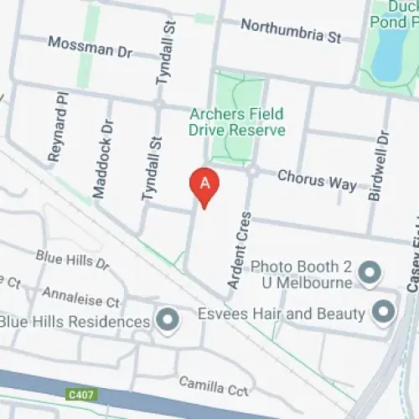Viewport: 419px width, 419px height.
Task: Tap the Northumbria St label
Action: click(291, 30)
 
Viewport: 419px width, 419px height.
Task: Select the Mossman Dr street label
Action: click(91, 47)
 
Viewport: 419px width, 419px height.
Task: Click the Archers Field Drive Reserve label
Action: click(237, 122)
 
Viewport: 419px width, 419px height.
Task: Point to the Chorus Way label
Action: click(317, 178)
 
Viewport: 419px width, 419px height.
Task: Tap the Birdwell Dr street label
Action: click(379, 165)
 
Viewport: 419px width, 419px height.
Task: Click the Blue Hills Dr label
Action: click(72, 258)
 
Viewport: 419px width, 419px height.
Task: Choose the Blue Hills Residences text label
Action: click(75, 322)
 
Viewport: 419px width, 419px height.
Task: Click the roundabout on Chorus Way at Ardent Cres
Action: click(251, 171)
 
